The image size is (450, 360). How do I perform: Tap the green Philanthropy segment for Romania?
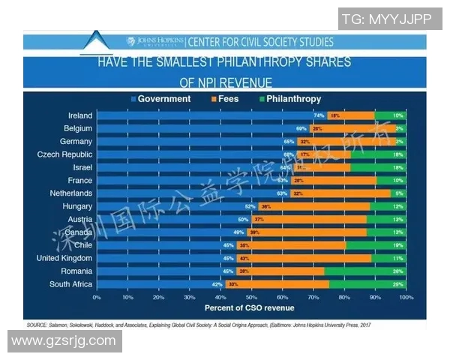tap(365, 271)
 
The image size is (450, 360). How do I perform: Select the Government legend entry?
tap(160, 99)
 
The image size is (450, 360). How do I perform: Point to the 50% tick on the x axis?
tap(251, 298)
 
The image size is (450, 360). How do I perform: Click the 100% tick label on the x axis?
tap(406, 298)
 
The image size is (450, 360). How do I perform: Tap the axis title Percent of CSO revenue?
tap(251, 307)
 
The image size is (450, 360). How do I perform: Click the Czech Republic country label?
tap(64, 154)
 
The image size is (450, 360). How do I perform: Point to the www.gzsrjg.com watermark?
tap(64, 341)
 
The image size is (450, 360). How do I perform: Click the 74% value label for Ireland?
tap(319, 115)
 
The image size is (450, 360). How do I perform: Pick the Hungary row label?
tap(78, 206)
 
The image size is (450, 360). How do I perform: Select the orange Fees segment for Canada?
tap(307, 232)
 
